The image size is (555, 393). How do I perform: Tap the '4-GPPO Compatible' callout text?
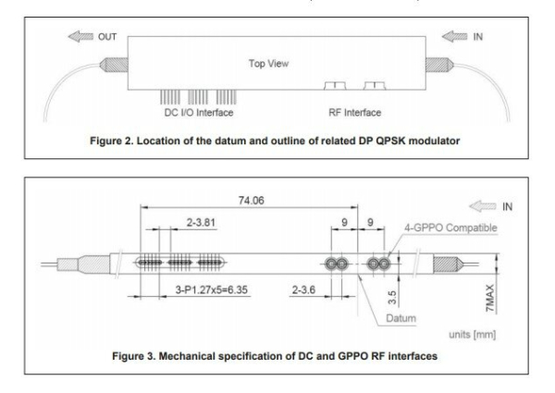tap(447, 227)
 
